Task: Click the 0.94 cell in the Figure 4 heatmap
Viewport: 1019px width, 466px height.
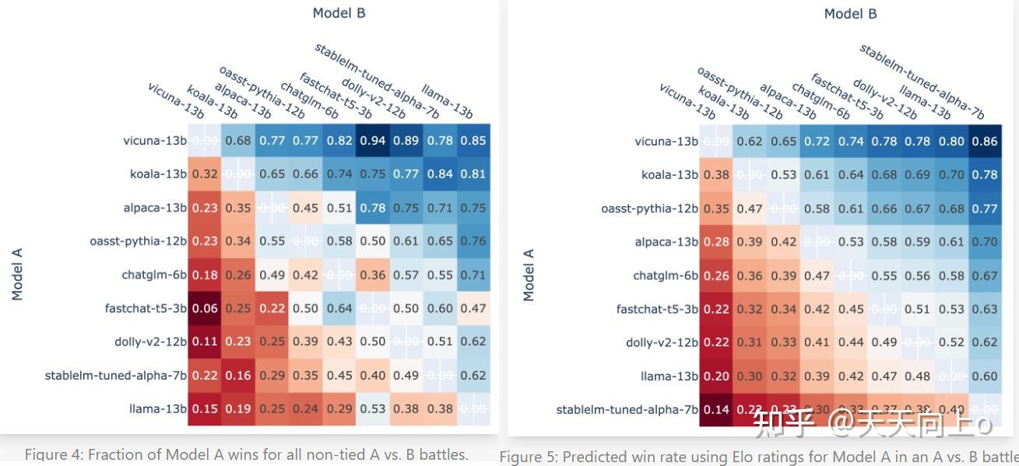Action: [372, 141]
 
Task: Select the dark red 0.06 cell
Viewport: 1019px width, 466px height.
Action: [204, 308]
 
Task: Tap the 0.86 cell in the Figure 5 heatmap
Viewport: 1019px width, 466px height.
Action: [985, 142]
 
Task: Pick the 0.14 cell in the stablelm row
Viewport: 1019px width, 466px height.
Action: [716, 410]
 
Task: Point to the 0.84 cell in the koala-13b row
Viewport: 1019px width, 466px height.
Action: [440, 174]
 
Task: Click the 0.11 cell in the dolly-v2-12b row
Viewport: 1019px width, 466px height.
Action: [204, 342]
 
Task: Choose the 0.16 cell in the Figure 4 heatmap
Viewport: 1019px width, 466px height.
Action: [237, 375]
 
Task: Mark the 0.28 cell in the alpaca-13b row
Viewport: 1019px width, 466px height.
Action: [716, 242]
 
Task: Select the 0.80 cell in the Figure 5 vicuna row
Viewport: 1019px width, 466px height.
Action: [950, 142]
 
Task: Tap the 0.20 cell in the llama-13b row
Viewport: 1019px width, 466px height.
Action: [716, 377]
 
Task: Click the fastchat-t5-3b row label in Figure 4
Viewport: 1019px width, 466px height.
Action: [146, 308]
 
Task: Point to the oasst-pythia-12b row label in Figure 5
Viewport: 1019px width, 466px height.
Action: [649, 208]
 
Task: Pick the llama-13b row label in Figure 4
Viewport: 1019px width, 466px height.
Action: [158, 408]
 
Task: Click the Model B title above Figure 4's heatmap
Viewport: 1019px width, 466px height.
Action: [339, 12]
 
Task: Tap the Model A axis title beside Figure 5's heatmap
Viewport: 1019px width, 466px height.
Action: [529, 275]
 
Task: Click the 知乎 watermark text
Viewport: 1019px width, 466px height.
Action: [779, 424]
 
